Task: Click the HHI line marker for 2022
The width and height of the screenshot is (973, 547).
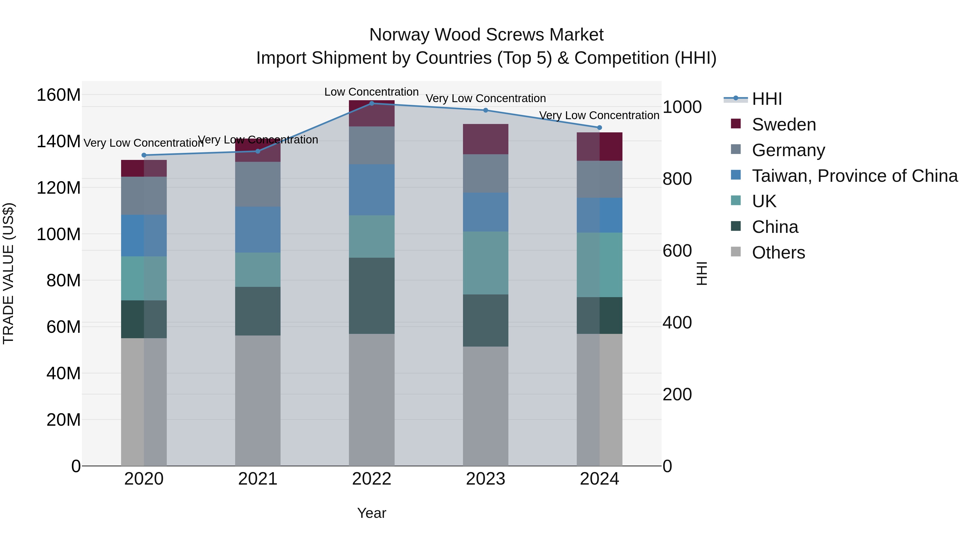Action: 372,103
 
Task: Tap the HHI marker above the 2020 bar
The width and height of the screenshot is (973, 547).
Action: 144,155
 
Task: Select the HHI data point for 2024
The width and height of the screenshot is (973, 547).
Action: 599,127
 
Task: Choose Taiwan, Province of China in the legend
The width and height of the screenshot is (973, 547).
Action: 854,176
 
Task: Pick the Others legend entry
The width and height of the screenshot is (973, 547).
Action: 778,253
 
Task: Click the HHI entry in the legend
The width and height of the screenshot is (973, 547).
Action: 767,99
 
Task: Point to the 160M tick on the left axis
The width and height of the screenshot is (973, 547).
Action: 59,95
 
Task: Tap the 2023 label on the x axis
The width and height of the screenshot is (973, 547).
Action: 485,479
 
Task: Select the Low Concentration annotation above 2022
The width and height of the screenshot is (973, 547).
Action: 371,92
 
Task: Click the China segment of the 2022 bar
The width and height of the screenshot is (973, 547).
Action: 372,296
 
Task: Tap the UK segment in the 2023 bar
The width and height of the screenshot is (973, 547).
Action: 485,263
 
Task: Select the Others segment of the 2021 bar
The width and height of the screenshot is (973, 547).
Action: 258,400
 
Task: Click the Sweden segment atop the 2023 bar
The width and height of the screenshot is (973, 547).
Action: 485,139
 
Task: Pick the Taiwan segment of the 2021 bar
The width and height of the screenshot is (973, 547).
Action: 258,230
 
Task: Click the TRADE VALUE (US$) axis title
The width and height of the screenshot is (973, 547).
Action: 8,273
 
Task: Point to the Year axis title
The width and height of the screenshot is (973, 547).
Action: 372,513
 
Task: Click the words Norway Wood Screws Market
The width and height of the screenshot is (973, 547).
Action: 486,35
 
